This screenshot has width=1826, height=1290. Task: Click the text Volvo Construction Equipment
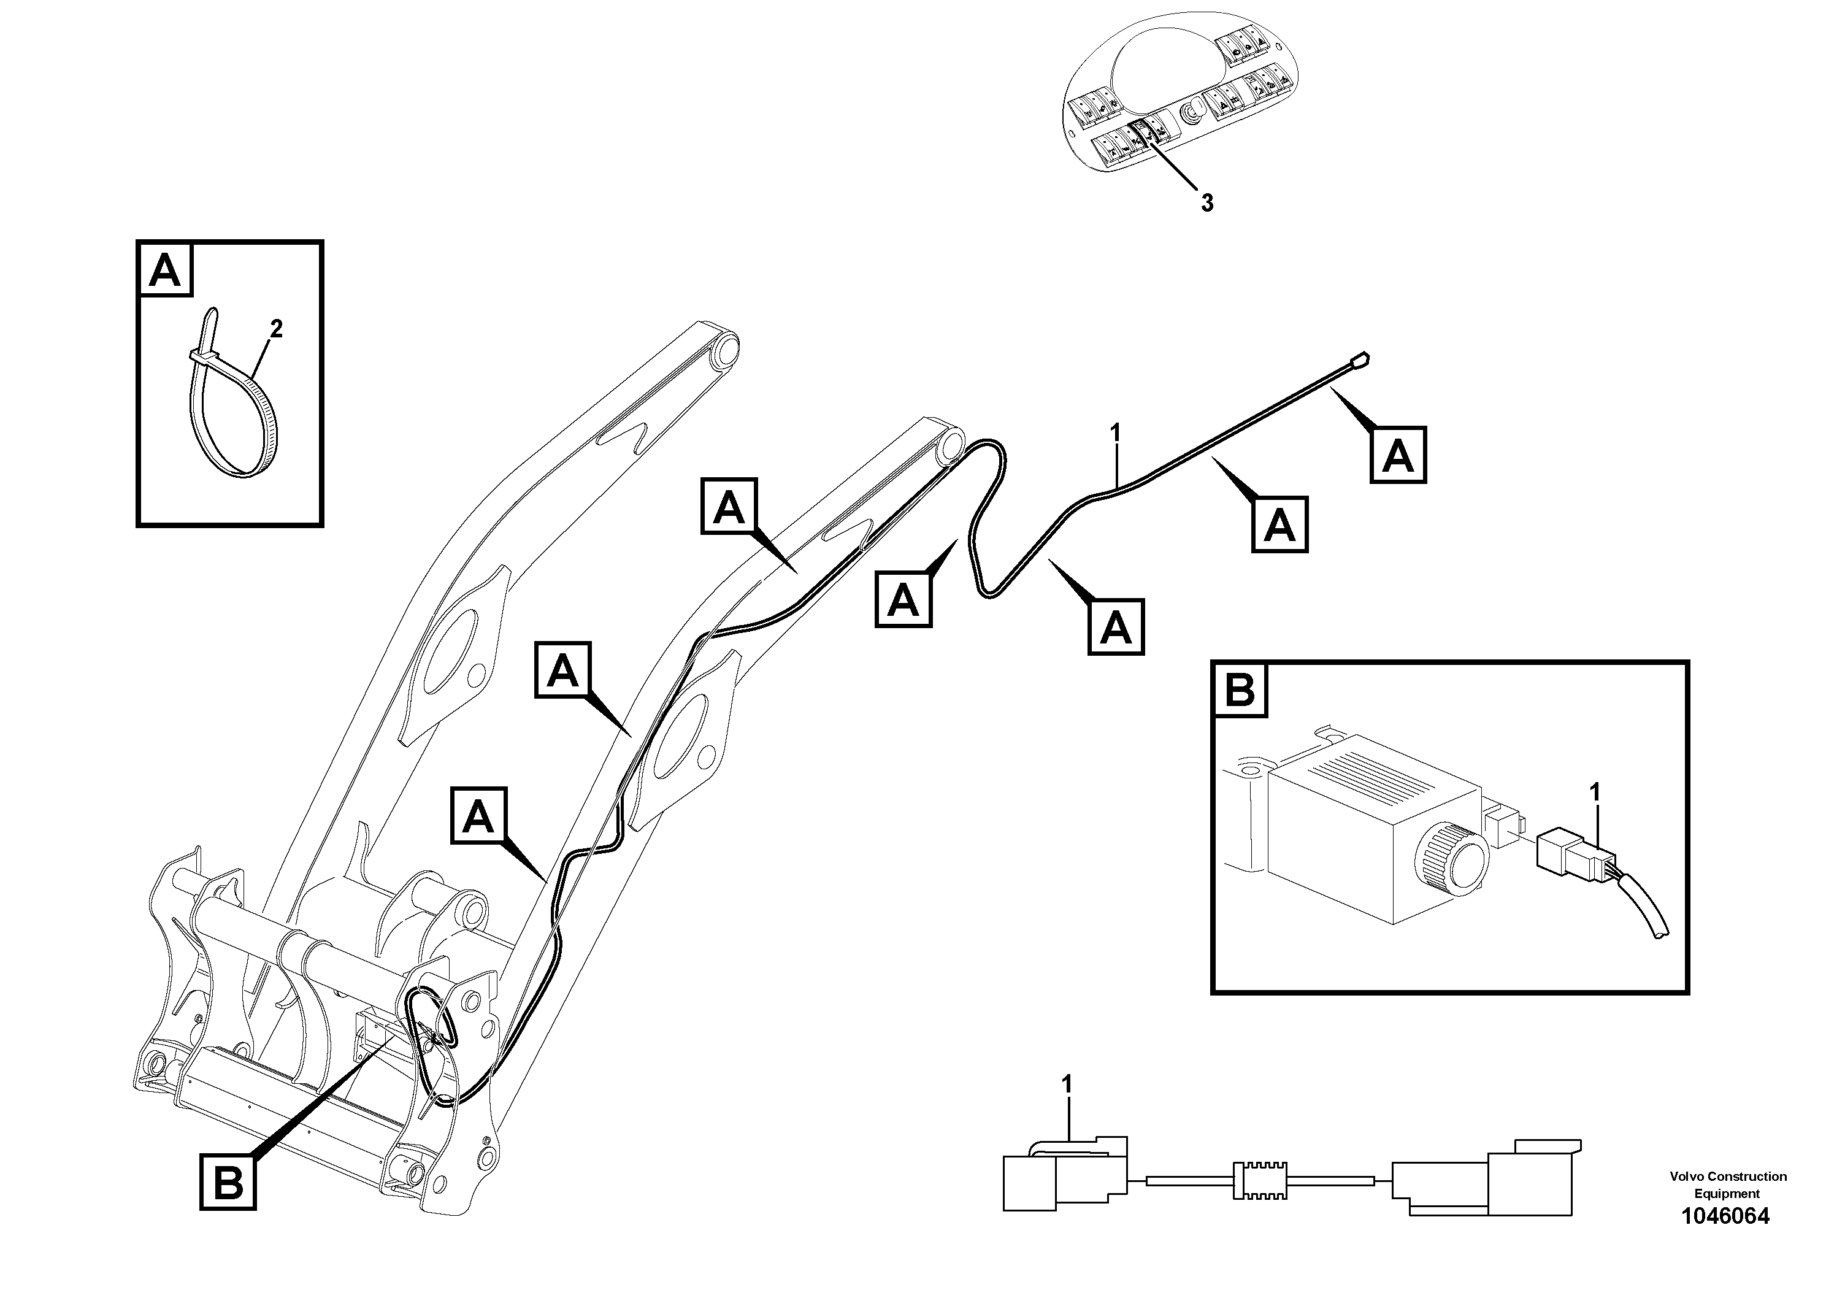pos(1727,1184)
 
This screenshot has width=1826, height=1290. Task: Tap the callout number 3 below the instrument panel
pos(1206,204)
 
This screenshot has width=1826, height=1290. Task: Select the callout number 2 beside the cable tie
pos(276,328)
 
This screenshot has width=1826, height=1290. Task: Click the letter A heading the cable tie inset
pos(166,271)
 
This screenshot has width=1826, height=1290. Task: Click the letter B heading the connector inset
pos(1240,689)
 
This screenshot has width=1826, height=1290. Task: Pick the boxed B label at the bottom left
pos(228,1183)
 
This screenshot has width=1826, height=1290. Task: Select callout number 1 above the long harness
pos(1115,434)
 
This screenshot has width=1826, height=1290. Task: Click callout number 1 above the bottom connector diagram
pos(1067,1085)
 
